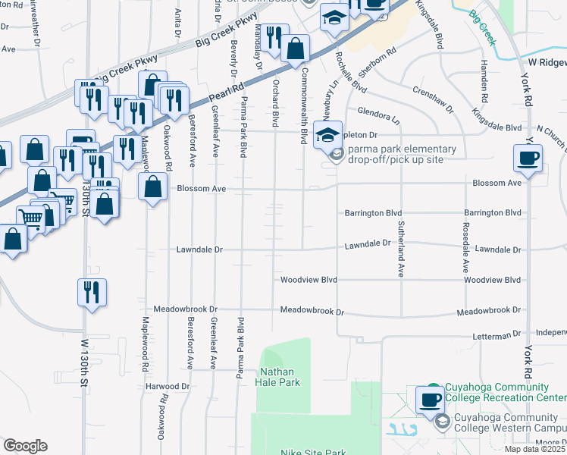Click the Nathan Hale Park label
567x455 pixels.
click(x=280, y=377)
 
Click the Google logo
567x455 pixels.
click(x=25, y=446)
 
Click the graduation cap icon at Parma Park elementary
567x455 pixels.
click(x=327, y=136)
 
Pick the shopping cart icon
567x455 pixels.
click(x=31, y=218)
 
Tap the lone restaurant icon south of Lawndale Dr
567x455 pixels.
click(x=92, y=292)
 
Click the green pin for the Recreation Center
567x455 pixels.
click(x=433, y=388)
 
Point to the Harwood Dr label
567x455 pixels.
click(x=168, y=387)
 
